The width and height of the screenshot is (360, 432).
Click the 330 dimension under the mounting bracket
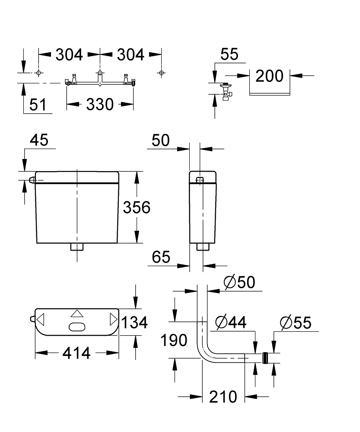pos(99,104)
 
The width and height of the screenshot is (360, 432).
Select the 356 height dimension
pos(137,207)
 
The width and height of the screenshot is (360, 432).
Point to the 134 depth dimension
pos(134,322)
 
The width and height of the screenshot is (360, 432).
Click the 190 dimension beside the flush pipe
pos(174,340)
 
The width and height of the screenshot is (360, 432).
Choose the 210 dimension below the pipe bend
pos(223,396)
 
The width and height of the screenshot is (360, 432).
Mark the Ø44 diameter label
pos(231,322)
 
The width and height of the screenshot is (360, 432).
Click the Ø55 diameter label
pos(296,322)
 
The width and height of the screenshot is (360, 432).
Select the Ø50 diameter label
pos(239,282)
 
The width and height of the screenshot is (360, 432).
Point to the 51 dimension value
pos(38,105)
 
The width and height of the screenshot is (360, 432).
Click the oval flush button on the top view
pos(76,327)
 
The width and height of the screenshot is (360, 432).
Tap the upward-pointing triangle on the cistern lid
pos(76,314)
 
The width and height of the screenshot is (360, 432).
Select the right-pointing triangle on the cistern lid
pos(113,320)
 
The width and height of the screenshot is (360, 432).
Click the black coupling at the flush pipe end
pos(266,357)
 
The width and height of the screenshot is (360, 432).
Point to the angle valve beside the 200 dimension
pos(225,91)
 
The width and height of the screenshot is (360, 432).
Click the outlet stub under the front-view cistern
pos(76,247)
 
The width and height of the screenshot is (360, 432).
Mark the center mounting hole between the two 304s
pos(100,73)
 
